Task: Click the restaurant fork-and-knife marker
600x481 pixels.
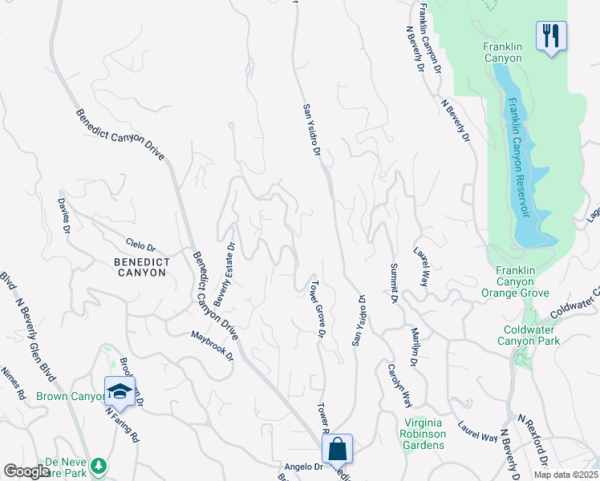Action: [x=551, y=35]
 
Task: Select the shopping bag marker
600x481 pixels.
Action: [x=338, y=450]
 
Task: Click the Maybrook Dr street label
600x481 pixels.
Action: [x=213, y=344]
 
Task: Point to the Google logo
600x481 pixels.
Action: [x=26, y=471]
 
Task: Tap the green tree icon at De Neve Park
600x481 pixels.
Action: [x=99, y=465]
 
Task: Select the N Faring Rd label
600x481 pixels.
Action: [x=123, y=426]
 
